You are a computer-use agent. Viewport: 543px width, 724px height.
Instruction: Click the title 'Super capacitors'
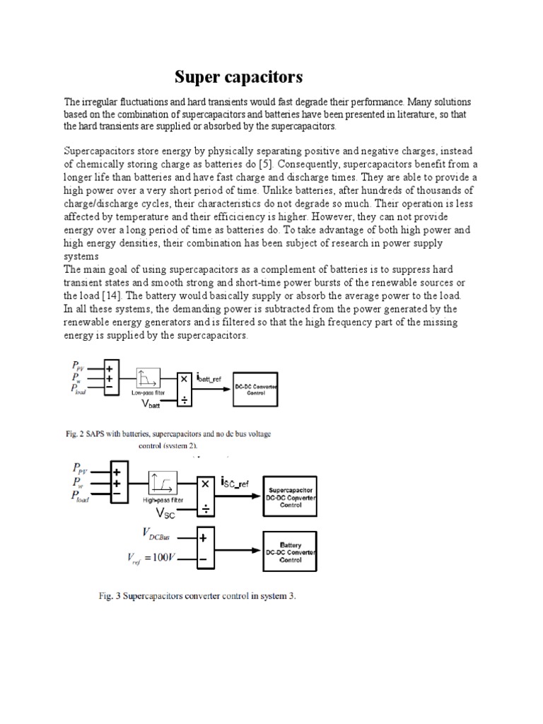tap(238, 76)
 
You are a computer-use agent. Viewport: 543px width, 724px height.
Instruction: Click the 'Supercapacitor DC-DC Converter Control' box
tap(291, 496)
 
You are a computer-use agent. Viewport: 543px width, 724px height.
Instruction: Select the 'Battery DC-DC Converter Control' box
tap(291, 551)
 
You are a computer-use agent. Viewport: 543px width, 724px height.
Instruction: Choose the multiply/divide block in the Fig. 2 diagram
tap(184, 390)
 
